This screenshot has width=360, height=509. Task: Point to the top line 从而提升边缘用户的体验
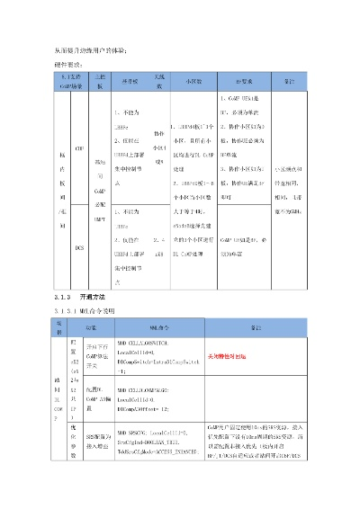pyautogui.click(x=85, y=47)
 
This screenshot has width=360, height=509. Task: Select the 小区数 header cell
pyautogui.click(x=190, y=81)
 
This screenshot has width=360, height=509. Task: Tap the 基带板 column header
pyautogui.click(x=130, y=81)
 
